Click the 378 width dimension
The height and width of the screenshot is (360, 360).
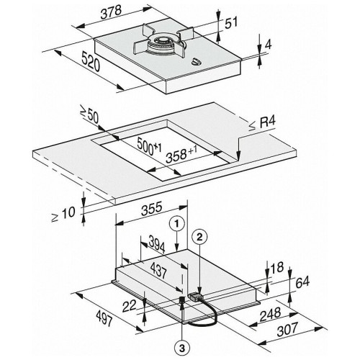click(111, 12)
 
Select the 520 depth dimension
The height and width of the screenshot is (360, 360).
click(91, 62)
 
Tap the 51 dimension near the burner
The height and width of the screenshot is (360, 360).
click(231, 22)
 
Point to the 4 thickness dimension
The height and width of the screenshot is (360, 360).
click(268, 45)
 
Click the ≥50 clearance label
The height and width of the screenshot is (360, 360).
click(89, 115)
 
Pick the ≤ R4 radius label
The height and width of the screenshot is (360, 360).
click(262, 124)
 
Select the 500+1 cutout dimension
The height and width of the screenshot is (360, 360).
click(149, 146)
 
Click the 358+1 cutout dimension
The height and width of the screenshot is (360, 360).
click(181, 154)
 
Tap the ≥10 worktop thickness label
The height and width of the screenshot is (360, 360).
click(63, 214)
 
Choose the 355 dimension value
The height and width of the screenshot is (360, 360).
click(152, 209)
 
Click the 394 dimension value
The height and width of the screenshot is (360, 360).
click(157, 244)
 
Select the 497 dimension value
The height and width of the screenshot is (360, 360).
click(104, 318)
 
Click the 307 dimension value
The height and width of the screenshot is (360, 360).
click(288, 329)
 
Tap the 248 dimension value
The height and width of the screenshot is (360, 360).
click(271, 314)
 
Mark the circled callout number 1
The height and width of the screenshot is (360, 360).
click(176, 224)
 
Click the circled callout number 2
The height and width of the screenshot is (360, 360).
click(199, 237)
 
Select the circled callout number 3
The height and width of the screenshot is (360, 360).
click(182, 348)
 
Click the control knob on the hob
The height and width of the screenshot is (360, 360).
click(197, 62)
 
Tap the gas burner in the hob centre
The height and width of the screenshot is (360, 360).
click(163, 43)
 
